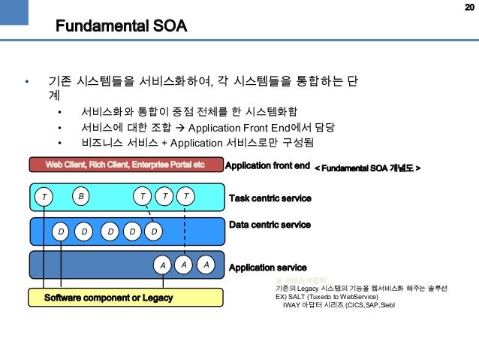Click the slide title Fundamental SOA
[x=121, y=28]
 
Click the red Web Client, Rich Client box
[x=125, y=165]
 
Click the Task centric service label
[x=270, y=198]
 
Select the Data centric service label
[x=269, y=225]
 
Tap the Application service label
[x=267, y=267]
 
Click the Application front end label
[x=267, y=165]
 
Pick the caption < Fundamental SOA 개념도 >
[x=366, y=165]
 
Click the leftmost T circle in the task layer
[x=44, y=197]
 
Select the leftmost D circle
[x=61, y=231]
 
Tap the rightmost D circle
[x=153, y=231]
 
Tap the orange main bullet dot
[x=26, y=81]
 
